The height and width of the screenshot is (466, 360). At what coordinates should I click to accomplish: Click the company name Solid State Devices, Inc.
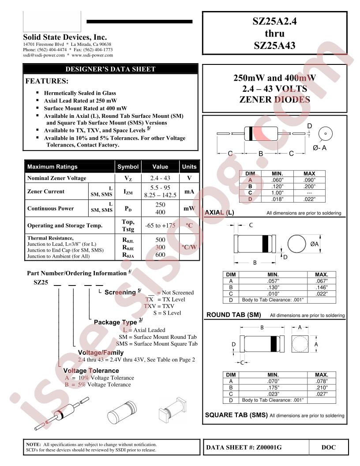(65, 37)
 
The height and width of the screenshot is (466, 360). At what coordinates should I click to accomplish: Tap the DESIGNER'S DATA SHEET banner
(110, 69)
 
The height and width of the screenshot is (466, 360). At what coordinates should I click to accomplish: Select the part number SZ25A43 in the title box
(274, 45)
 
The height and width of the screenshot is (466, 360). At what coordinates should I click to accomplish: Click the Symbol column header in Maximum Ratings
(128, 167)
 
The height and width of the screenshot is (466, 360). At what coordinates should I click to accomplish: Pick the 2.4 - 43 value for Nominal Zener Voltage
(160, 178)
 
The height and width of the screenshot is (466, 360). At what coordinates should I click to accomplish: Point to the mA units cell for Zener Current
(189, 192)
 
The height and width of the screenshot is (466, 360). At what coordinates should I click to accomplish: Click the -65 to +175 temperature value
(160, 225)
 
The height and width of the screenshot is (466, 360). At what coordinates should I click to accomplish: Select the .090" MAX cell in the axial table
(309, 180)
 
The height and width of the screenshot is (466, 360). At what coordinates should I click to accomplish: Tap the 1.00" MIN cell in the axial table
(277, 193)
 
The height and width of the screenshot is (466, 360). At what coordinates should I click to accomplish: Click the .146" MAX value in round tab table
(321, 287)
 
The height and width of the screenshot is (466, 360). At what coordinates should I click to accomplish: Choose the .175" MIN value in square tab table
(273, 387)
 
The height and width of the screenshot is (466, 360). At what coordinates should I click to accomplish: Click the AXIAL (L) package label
(220, 213)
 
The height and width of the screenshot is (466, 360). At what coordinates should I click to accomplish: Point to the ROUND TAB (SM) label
(234, 315)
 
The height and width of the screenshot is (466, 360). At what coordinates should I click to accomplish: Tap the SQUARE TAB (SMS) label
(236, 415)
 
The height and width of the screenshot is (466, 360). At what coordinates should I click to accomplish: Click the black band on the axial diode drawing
(251, 133)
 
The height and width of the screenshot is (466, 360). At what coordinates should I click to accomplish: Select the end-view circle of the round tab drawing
(297, 244)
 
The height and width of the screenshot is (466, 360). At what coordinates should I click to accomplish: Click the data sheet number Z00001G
(269, 447)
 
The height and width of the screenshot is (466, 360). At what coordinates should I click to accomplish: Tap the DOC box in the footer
(329, 447)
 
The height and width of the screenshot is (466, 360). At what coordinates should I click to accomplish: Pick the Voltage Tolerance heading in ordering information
(91, 371)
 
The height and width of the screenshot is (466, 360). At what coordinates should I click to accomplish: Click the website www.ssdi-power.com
(92, 55)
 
